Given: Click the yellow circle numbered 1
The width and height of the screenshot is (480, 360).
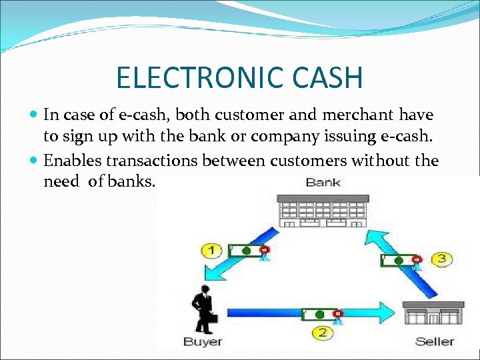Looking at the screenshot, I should pyautogui.click(x=211, y=251).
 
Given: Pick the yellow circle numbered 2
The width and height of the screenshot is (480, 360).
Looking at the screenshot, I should pyautogui.click(x=322, y=332).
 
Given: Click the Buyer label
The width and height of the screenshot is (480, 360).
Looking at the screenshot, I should pyautogui.click(x=203, y=342).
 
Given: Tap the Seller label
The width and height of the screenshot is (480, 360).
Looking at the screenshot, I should pyautogui.click(x=434, y=342).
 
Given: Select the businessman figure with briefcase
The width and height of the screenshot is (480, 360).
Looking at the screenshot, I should pyautogui.click(x=203, y=309).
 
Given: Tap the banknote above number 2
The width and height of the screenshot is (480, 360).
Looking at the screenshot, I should pyautogui.click(x=322, y=313).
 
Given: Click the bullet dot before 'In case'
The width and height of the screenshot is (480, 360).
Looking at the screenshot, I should pyautogui.click(x=34, y=115).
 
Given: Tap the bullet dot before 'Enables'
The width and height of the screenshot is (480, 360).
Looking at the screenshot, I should pyautogui.click(x=34, y=161).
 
